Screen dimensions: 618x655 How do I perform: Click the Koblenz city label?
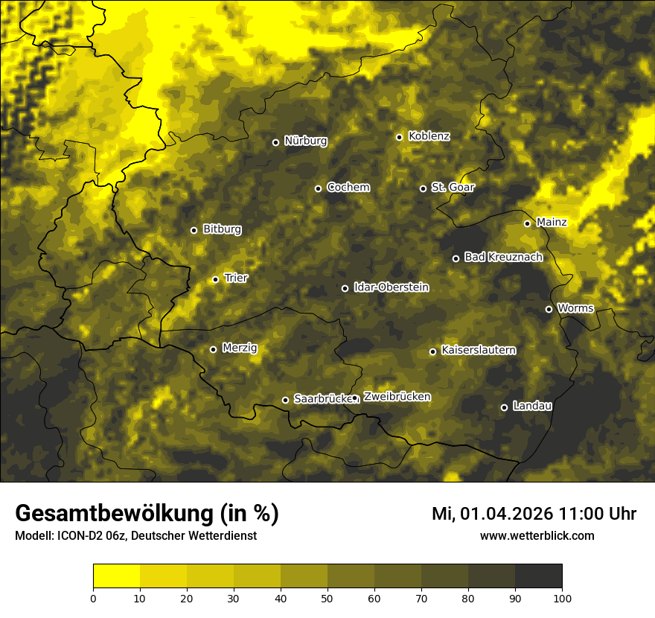(x=429, y=136)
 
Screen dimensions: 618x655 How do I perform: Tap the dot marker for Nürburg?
(x=275, y=142)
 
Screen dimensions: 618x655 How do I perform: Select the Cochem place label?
(x=348, y=188)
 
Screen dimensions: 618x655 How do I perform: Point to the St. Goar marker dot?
(x=423, y=188)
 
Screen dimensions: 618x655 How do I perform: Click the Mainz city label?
(x=552, y=223)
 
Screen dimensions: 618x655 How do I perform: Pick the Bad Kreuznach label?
(x=503, y=258)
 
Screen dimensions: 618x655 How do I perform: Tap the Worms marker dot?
(x=549, y=309)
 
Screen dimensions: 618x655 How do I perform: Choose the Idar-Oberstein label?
(x=391, y=287)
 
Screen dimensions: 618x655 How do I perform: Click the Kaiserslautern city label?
(x=478, y=351)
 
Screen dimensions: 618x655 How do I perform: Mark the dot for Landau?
(x=504, y=407)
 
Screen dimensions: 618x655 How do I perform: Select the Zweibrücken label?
(x=397, y=397)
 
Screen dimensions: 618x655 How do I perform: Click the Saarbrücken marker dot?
(x=285, y=400)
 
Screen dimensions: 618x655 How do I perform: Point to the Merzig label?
(x=240, y=348)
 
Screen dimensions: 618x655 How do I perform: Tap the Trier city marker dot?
(x=215, y=279)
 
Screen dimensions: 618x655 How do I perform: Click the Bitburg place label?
(x=222, y=229)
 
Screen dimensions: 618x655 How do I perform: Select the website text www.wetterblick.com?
(x=537, y=535)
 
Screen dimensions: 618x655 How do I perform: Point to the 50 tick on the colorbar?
(x=327, y=598)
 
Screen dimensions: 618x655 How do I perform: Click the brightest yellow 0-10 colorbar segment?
(x=116, y=576)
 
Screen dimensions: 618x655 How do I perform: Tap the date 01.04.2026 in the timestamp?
(x=505, y=514)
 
